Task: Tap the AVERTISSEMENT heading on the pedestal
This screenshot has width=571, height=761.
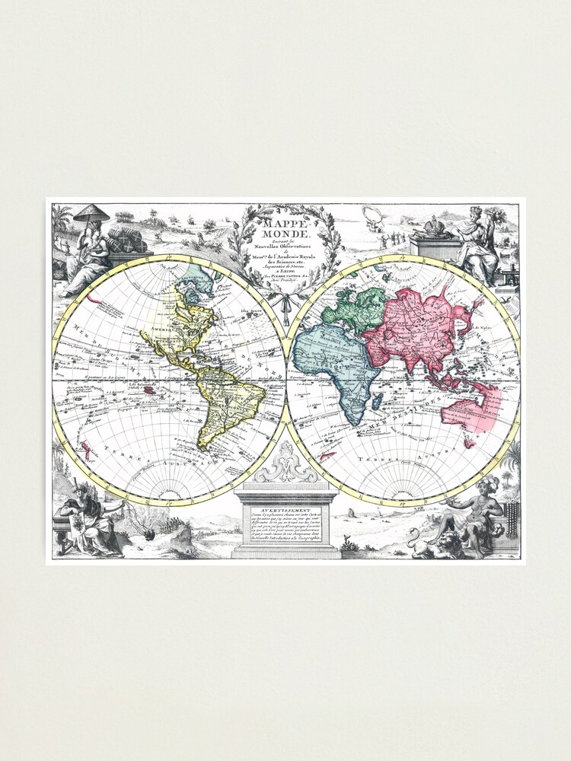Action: coord(285,512)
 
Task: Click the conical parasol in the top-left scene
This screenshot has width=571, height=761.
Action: coord(91,213)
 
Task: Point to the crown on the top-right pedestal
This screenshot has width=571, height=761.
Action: coord(435,226)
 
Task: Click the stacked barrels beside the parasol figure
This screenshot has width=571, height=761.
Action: coord(126,240)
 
